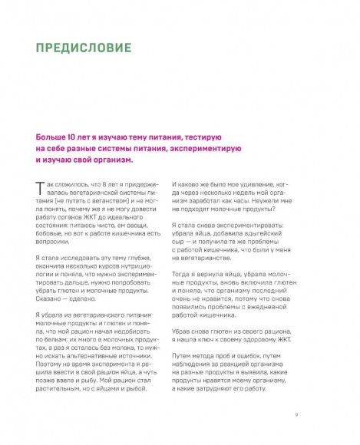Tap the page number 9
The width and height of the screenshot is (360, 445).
click(x=296, y=416)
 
